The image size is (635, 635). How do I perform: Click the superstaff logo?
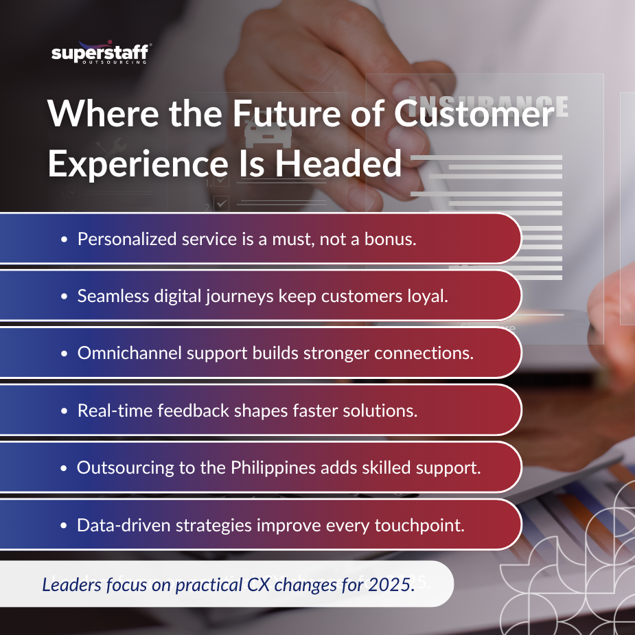pyautogui.click(x=101, y=54)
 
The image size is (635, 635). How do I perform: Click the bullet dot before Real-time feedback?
pyautogui.click(x=64, y=411)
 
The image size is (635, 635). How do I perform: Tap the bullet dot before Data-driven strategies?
pyautogui.click(x=64, y=526)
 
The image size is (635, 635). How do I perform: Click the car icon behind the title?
pyautogui.click(x=259, y=135)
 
